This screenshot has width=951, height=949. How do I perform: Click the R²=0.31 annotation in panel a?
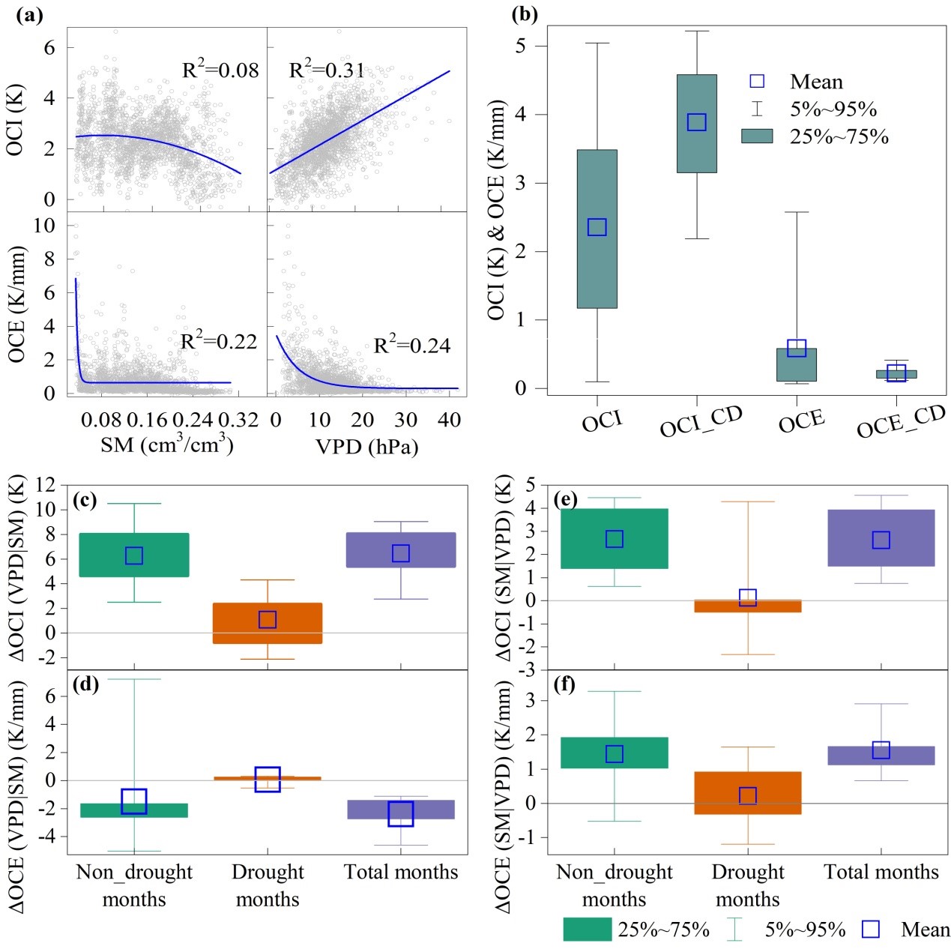[327, 70]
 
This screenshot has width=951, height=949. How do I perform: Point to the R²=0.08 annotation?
[220, 70]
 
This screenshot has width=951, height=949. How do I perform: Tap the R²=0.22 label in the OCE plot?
[219, 341]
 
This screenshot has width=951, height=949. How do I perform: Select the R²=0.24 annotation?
[412, 345]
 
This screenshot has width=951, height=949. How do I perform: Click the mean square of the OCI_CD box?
[697, 122]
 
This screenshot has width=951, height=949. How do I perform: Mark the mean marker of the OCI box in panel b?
[597, 227]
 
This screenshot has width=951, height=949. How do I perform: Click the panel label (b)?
[524, 14]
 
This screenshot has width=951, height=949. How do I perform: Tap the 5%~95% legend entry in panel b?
[833, 109]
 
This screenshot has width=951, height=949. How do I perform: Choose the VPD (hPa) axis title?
[366, 447]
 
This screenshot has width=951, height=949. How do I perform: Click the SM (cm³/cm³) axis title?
[166, 445]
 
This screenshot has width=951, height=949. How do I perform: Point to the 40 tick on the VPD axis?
[449, 420]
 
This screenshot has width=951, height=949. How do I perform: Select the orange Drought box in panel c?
[268, 623]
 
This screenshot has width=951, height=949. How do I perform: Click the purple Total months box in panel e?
[881, 537]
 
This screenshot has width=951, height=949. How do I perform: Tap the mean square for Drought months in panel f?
[748, 795]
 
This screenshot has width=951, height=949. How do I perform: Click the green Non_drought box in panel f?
[615, 753]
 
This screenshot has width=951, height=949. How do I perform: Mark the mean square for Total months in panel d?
[401, 813]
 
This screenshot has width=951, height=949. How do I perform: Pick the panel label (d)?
[85, 684]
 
